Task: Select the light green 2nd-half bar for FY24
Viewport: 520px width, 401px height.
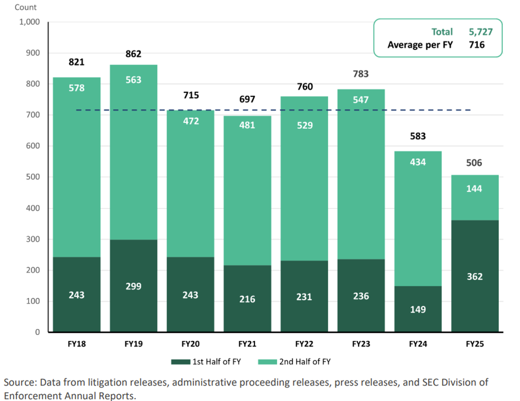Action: pos(418,220)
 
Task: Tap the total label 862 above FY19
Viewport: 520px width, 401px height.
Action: pos(133,54)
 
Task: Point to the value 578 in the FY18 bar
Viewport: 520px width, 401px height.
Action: pos(77,88)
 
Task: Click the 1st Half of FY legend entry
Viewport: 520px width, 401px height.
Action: pos(206,362)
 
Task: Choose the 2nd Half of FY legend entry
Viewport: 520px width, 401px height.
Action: pos(294,362)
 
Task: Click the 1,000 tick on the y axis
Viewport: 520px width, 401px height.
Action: pos(30,22)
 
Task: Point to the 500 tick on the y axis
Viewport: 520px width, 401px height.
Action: pos(33,177)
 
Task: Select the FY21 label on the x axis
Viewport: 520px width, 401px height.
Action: pos(247,344)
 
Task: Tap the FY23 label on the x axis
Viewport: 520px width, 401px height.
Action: pos(361,344)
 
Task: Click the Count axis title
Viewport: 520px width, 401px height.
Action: pos(25,7)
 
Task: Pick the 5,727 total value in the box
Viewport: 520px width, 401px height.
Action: pos(480,32)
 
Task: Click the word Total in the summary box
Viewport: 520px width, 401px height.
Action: pos(442,32)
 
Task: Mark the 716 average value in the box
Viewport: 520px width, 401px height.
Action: pos(477,45)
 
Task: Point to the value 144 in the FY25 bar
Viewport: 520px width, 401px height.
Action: pos(474,189)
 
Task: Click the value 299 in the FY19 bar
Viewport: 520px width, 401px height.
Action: pos(133,286)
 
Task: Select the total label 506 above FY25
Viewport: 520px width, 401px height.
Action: pos(474,163)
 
